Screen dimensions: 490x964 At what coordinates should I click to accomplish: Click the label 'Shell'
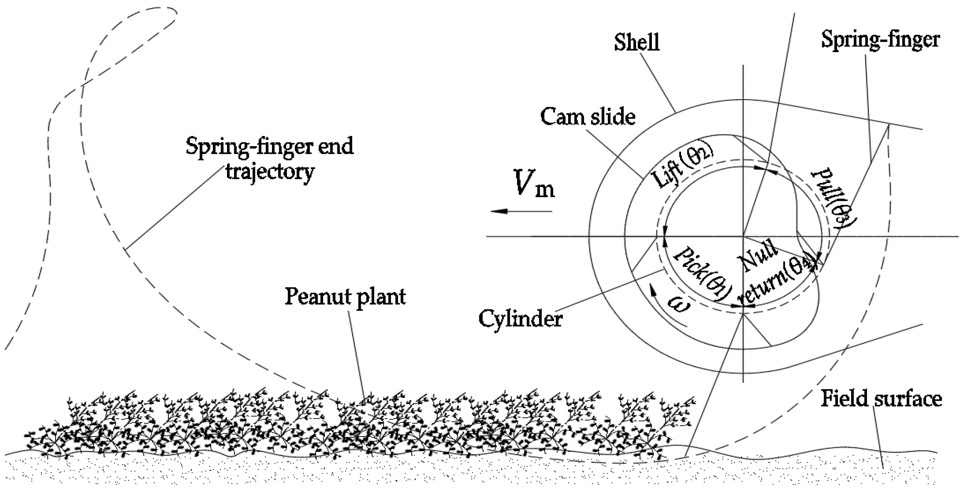pyautogui.click(x=637, y=43)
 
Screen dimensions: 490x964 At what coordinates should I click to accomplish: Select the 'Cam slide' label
pyautogui.click(x=588, y=116)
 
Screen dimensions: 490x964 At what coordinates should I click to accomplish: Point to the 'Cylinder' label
pyautogui.click(x=520, y=319)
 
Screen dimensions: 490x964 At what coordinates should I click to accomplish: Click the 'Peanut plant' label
pyautogui.click(x=345, y=296)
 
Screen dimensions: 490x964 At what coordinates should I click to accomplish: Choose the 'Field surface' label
pyautogui.click(x=881, y=399)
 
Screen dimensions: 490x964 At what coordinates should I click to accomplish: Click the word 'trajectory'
pyautogui.click(x=270, y=172)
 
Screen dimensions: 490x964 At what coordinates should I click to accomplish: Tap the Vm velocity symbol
pyautogui.click(x=534, y=184)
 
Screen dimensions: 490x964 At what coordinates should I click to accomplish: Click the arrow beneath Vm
pyautogui.click(x=521, y=211)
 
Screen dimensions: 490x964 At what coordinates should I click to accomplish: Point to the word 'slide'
pyautogui.click(x=613, y=116)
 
